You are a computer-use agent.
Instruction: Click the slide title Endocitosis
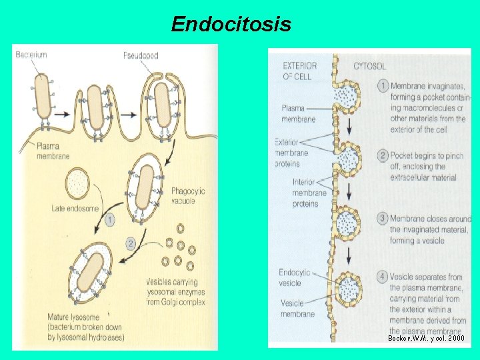[231, 25]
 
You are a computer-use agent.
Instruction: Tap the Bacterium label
[31, 55]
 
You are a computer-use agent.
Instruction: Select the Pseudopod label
[141, 55]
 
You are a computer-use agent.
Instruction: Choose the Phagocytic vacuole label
[188, 196]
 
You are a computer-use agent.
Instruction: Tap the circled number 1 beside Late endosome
[109, 218]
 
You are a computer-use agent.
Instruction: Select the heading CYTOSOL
[369, 66]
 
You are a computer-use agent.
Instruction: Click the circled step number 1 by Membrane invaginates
[383, 86]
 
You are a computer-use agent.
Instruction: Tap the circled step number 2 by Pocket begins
[383, 155]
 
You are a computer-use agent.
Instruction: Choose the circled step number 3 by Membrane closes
[383, 219]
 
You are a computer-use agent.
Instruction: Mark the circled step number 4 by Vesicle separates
[383, 277]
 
